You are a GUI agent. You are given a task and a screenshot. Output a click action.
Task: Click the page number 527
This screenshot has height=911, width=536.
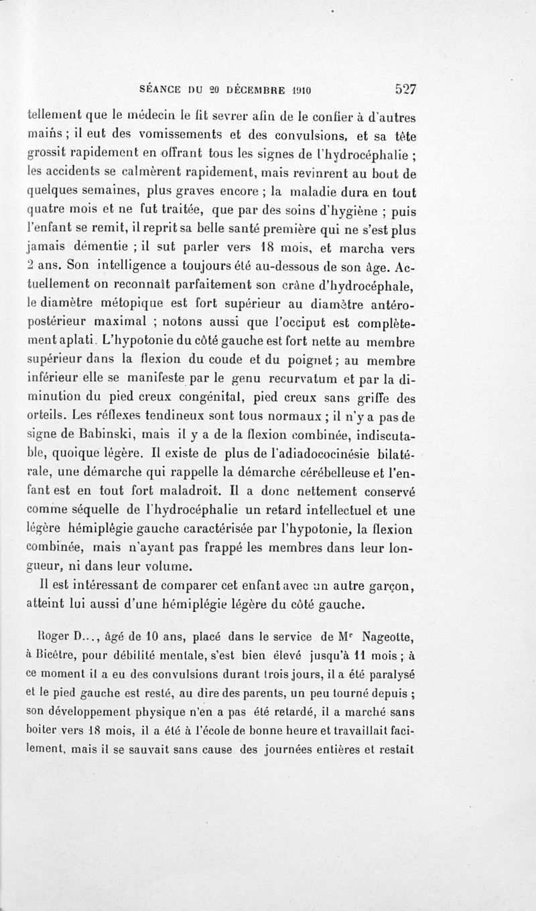[x=406, y=88]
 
